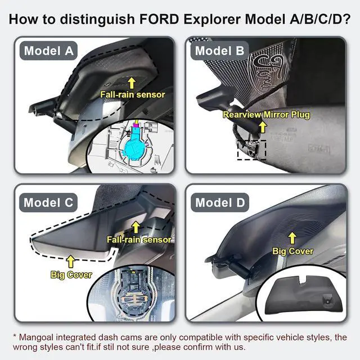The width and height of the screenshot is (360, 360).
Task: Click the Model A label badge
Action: click(x=49, y=51)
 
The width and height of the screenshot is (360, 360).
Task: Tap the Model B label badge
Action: click(x=220, y=51)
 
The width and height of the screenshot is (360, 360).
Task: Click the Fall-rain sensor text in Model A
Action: click(x=133, y=94)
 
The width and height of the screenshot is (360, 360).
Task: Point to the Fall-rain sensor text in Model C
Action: click(x=139, y=240)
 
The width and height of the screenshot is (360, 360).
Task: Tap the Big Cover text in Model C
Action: click(x=70, y=275)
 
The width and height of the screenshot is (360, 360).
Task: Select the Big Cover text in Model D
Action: click(x=292, y=251)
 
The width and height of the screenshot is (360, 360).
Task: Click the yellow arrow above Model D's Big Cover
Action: click(x=292, y=238)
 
